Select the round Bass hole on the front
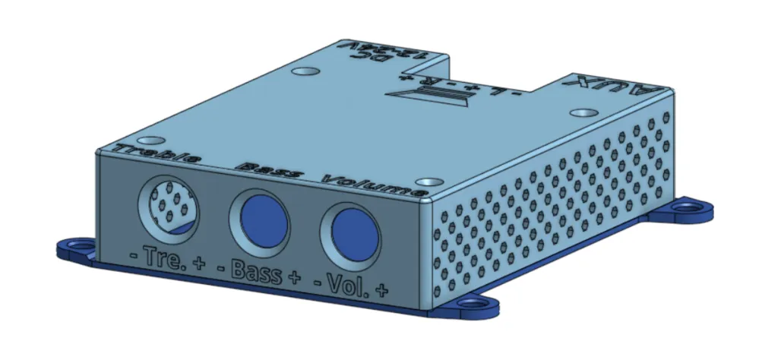click(259, 219)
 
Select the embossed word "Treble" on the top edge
click(157, 154)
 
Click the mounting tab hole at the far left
click(77, 245)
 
